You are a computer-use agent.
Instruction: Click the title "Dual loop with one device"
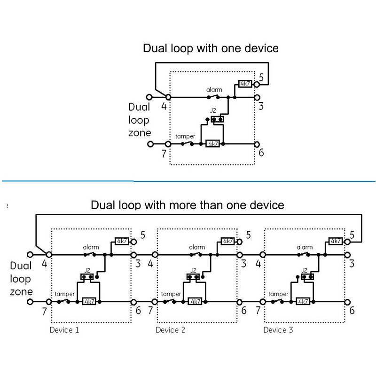point(211,48)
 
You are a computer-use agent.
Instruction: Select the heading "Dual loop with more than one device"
point(187,205)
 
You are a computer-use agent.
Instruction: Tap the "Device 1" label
point(64,330)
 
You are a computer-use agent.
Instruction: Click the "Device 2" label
point(171,330)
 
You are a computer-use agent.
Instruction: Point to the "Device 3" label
point(278,330)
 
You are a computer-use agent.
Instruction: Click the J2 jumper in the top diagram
point(217,119)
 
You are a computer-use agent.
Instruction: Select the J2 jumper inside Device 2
point(193,277)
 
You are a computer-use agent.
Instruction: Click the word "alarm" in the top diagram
point(214,89)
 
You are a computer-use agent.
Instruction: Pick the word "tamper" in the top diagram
point(185,136)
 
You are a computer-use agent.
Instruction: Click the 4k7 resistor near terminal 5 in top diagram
point(245,84)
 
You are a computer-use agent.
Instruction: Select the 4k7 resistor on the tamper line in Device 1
point(89,301)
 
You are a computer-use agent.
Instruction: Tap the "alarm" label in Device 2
point(197,247)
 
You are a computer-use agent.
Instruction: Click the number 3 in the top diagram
point(261,106)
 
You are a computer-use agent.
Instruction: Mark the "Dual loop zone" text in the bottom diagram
point(20,279)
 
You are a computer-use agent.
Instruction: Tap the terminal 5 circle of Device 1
point(133,242)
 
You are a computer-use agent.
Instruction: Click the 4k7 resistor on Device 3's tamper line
point(303,301)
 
